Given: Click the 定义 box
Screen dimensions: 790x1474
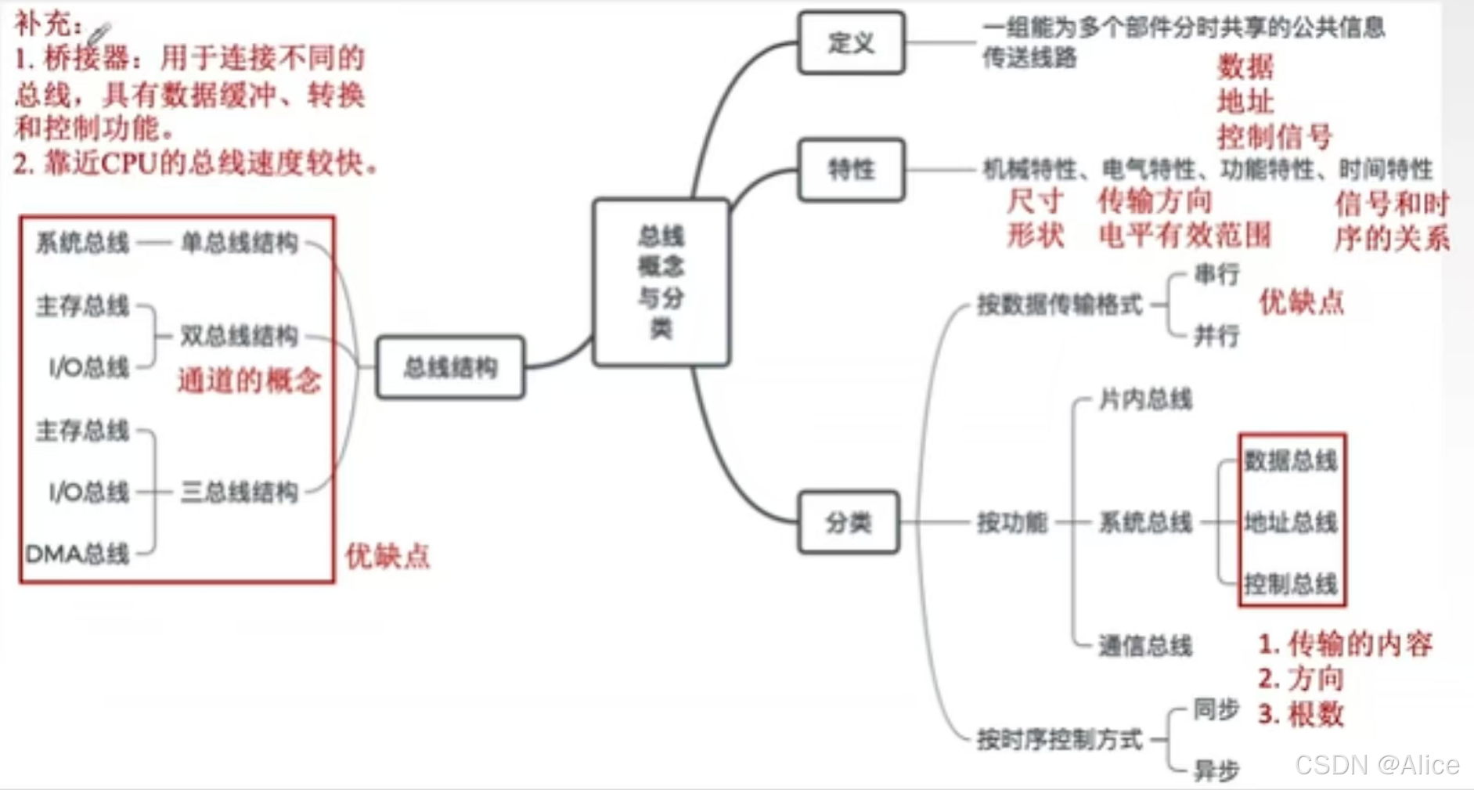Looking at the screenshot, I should [851, 43].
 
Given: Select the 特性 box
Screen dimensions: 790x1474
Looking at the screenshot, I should [851, 169].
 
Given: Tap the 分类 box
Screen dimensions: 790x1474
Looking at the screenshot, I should [849, 522].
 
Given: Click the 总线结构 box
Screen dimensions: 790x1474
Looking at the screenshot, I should [450, 367].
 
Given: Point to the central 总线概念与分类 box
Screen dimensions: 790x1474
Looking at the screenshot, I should [661, 283].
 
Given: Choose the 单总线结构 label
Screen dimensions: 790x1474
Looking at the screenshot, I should [240, 243].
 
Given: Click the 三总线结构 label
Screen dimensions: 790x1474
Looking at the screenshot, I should [240, 492].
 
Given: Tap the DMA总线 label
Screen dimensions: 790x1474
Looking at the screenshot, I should [77, 554].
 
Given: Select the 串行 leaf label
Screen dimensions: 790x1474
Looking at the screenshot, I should [1216, 274].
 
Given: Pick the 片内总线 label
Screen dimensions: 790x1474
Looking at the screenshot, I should [1145, 399].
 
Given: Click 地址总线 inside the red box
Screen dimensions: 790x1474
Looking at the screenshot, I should [1291, 521].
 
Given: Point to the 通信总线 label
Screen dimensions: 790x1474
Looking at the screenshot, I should [1145, 645].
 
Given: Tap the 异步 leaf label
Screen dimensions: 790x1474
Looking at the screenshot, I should [1216, 770].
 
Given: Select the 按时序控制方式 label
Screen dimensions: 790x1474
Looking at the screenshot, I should [1059, 739].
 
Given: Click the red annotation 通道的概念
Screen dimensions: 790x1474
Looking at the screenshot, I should [250, 381].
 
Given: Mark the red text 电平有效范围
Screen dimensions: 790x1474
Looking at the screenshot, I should [1184, 235].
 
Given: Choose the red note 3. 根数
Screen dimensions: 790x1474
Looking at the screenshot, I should [1301, 713].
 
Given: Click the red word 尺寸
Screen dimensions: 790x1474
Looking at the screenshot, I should [1035, 201].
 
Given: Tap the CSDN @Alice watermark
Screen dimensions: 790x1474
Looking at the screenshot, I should [1377, 765].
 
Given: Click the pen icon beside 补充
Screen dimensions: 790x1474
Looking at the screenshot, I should [99, 33].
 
